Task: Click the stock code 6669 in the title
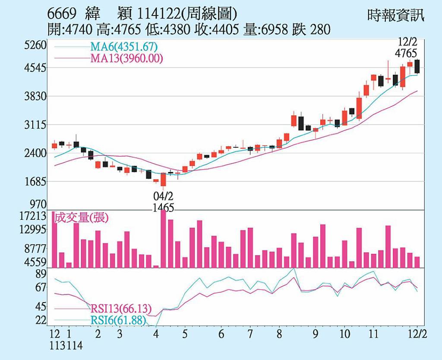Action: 62,14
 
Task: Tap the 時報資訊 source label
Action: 396,15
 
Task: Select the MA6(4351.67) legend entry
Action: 123,47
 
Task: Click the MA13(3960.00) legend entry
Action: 126,58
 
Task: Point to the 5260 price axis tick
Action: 35,45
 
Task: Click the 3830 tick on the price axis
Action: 35,96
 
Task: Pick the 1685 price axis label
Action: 35,182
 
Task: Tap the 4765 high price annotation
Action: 406,53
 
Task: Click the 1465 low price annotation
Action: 163,208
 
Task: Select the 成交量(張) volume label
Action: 81,218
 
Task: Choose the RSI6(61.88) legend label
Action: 118,320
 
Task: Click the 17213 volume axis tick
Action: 33,216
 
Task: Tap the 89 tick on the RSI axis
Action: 41,274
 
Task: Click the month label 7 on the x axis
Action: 250,335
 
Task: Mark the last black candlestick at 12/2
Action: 417,66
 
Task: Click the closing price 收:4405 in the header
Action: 217,30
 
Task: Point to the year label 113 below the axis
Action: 56,346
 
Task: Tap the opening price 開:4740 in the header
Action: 70,30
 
